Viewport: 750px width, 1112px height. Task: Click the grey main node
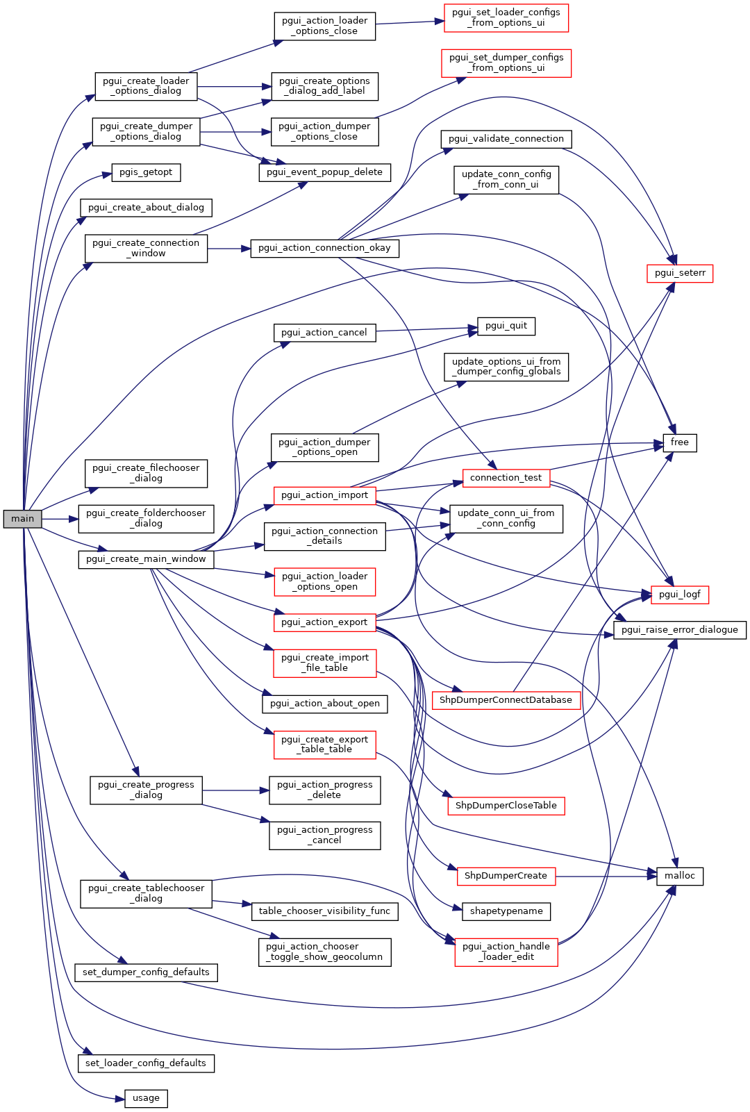pyautogui.click(x=22, y=519)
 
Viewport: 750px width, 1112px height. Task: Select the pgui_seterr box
pyautogui.click(x=679, y=273)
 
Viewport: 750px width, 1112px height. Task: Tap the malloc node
pyautogui.click(x=679, y=876)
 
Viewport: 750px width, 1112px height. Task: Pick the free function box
pyautogui.click(x=679, y=442)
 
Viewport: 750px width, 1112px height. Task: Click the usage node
pyautogui.click(x=146, y=1098)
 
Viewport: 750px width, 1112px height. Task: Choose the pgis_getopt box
pyautogui.click(x=146, y=172)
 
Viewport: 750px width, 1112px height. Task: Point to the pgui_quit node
pyautogui.click(x=506, y=326)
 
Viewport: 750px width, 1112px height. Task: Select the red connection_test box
pyautogui.click(x=506, y=478)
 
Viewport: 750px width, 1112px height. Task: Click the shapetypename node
pyautogui.click(x=506, y=911)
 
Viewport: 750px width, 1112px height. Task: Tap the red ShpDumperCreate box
pyautogui.click(x=506, y=876)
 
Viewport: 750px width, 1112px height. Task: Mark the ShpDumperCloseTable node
pyautogui.click(x=506, y=806)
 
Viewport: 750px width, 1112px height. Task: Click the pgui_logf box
pyautogui.click(x=680, y=595)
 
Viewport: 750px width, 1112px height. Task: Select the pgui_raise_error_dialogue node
pyautogui.click(x=679, y=630)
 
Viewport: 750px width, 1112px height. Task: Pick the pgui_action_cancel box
pyautogui.click(x=324, y=333)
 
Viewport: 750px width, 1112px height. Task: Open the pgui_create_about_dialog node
pyautogui.click(x=146, y=208)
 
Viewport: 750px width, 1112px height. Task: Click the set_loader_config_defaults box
pyautogui.click(x=146, y=1063)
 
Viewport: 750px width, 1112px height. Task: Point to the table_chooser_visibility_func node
pyautogui.click(x=324, y=911)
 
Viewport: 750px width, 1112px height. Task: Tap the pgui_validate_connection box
pyautogui.click(x=506, y=139)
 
